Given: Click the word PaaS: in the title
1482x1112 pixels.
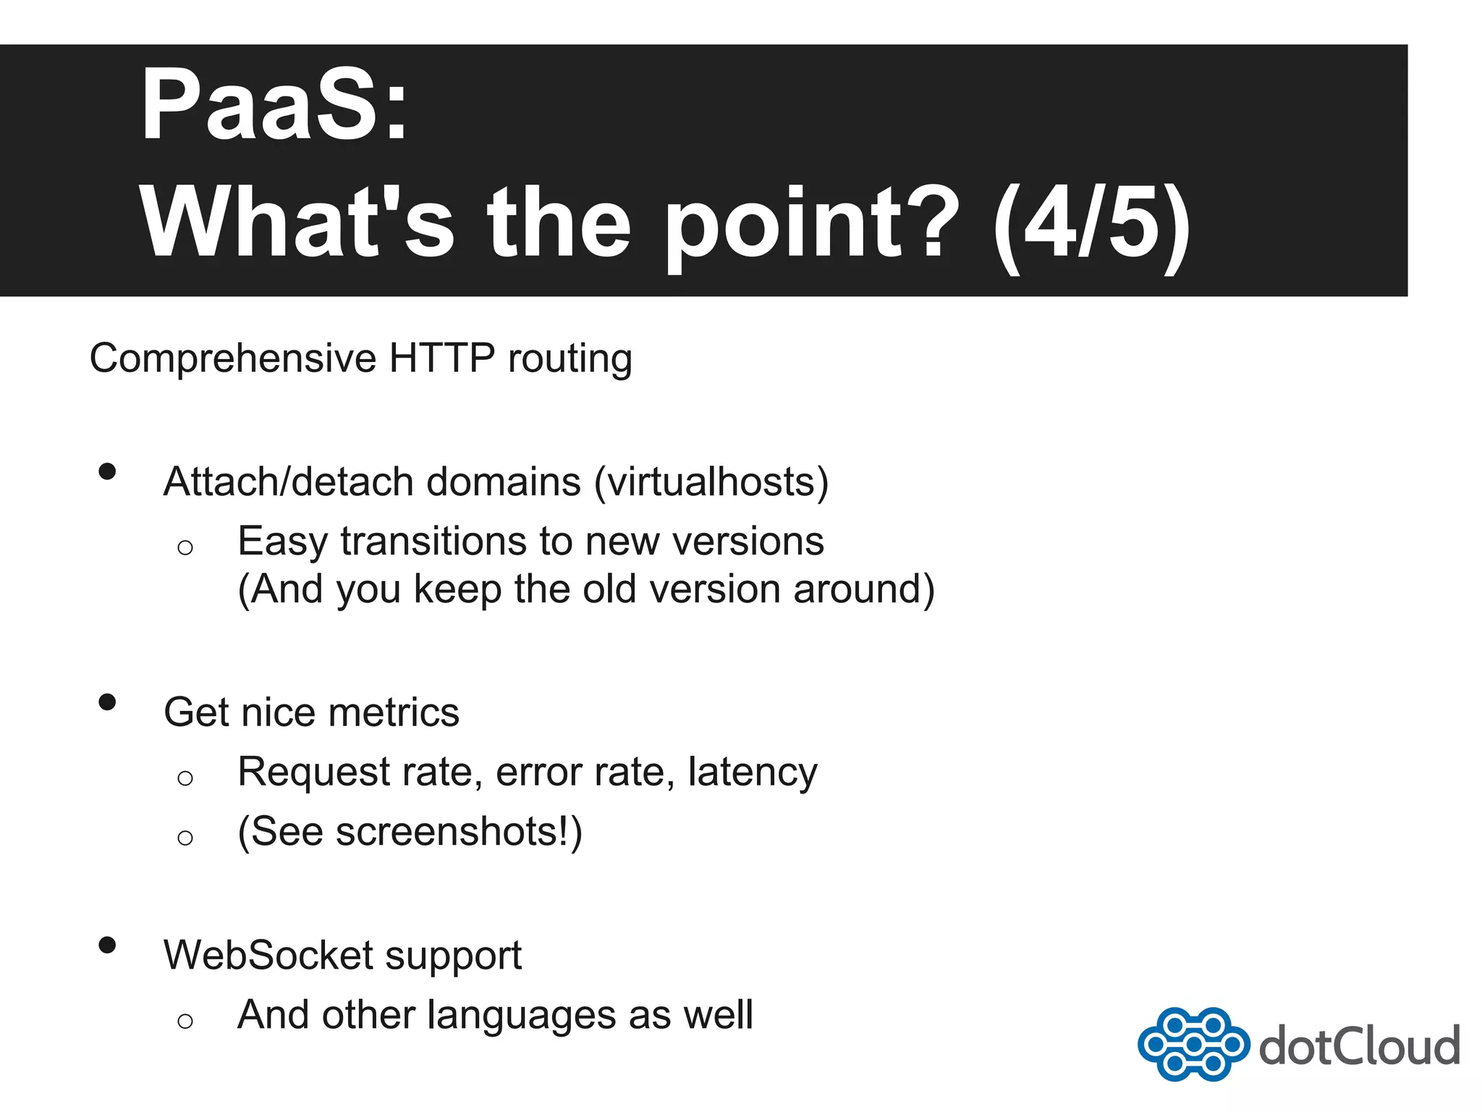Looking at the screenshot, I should pyautogui.click(x=275, y=105).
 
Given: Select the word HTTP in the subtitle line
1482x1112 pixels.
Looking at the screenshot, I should pyautogui.click(x=441, y=358).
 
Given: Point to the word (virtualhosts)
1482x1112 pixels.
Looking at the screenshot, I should pyautogui.click(x=711, y=482).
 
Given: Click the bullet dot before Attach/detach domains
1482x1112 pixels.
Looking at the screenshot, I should pyautogui.click(x=107, y=472).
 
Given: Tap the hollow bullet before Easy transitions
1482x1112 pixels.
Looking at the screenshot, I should pyautogui.click(x=185, y=547).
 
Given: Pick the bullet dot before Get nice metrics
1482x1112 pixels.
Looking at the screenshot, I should pyautogui.click(x=107, y=702).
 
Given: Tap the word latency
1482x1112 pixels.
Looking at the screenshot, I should pyautogui.click(x=753, y=772).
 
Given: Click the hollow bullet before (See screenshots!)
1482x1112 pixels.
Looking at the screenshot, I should pyautogui.click(x=185, y=838).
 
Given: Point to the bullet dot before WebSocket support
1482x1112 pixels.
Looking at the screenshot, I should pyautogui.click(x=107, y=945).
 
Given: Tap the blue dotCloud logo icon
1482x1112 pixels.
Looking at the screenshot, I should pyautogui.click(x=1193, y=1044).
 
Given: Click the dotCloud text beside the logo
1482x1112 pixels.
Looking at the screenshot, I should pyautogui.click(x=1359, y=1046).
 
